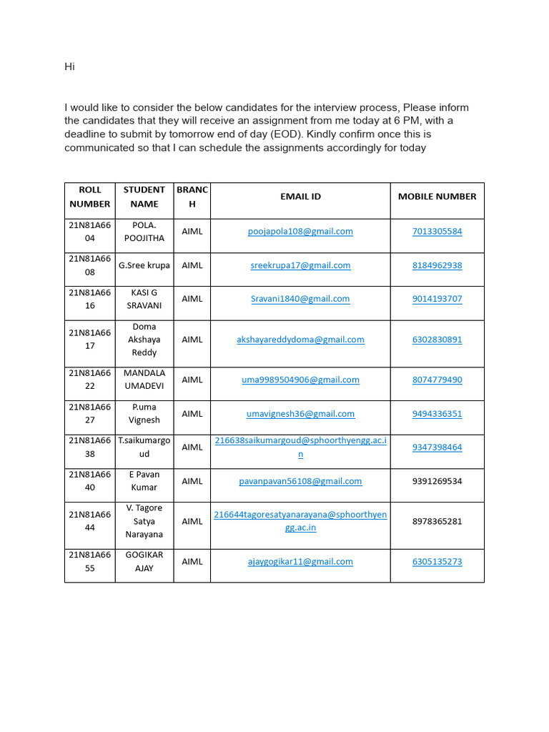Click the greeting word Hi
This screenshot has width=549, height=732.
tap(69, 67)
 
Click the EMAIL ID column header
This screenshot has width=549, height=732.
tap(300, 197)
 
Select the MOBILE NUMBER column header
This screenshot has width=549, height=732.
tap(437, 197)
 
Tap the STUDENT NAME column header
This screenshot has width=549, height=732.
tap(144, 197)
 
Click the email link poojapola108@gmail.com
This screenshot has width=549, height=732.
tap(300, 232)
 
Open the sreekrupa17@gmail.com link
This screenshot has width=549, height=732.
tap(300, 265)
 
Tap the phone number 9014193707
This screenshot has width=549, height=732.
tap(437, 299)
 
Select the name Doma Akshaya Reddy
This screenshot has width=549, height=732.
tap(144, 340)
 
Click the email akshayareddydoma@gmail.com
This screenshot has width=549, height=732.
tap(300, 340)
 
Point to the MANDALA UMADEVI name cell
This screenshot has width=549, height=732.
tap(144, 380)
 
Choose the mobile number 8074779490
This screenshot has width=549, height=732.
tap(437, 380)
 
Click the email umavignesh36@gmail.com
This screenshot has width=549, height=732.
tap(300, 414)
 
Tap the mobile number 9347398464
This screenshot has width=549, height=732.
tap(437, 447)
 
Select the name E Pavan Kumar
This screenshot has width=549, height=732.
tap(144, 481)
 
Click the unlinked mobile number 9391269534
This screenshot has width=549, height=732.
tap(437, 481)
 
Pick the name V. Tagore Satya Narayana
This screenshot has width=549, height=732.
tap(144, 521)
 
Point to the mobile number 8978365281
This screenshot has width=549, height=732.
tap(437, 521)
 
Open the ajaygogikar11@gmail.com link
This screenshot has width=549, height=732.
tap(300, 562)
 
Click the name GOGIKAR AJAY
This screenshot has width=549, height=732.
tap(144, 562)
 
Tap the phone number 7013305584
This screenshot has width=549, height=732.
tap(437, 232)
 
